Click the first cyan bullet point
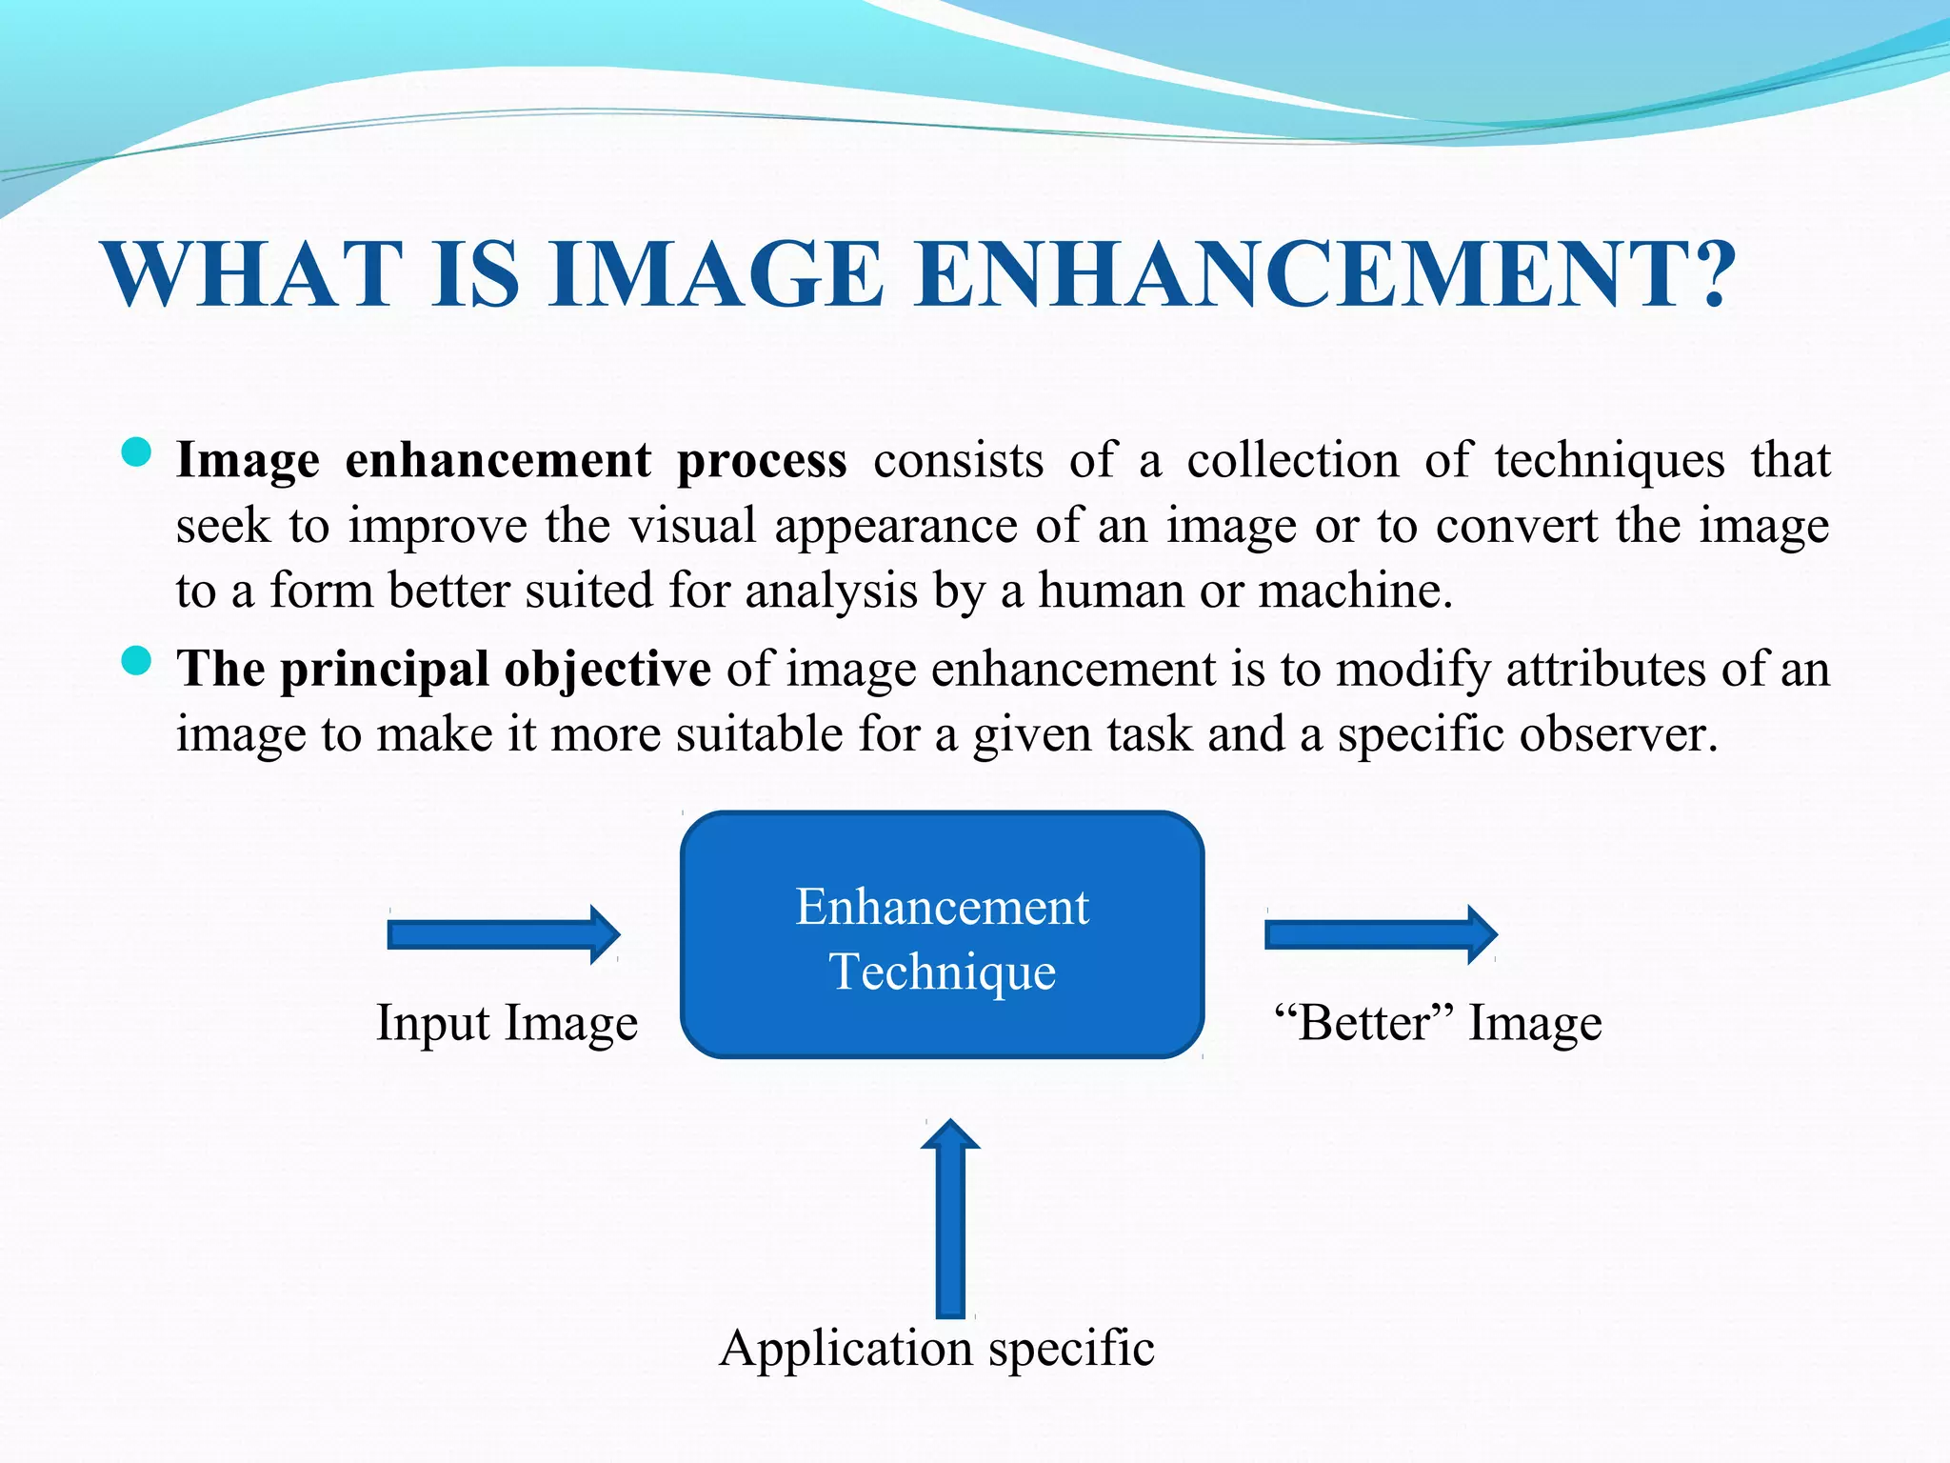pyautogui.click(x=137, y=452)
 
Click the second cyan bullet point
pyautogui.click(x=137, y=661)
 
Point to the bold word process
pyautogui.click(x=761, y=462)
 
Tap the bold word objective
pyautogui.click(x=607, y=669)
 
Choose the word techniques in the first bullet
pyautogui.click(x=1609, y=462)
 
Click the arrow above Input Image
pyautogui.click(x=504, y=934)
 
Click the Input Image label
pyautogui.click(x=507, y=1024)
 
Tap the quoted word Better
pyautogui.click(x=1363, y=1024)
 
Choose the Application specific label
pyautogui.click(x=937, y=1349)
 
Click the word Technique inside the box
pyautogui.click(x=943, y=972)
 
